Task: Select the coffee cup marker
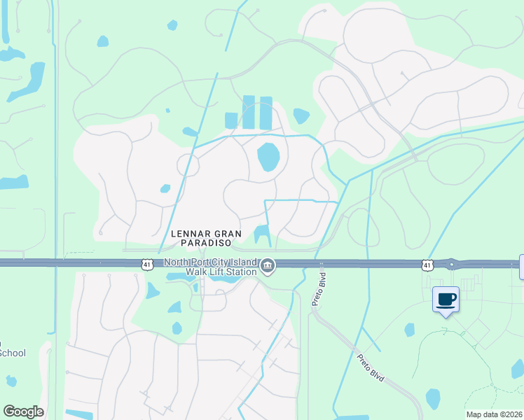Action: click(446, 299)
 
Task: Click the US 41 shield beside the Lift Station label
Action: click(146, 264)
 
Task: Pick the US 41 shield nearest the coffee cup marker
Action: click(427, 264)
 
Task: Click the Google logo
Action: click(23, 412)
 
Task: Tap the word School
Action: click(12, 353)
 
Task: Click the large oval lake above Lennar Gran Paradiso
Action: click(268, 157)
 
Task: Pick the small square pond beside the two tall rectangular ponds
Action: click(231, 120)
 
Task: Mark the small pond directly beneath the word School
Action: click(11, 381)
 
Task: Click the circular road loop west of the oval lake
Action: click(188, 165)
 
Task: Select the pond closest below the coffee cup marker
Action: click(409, 329)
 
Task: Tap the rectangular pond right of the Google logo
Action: click(78, 414)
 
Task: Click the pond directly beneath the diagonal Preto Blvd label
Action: click(433, 399)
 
